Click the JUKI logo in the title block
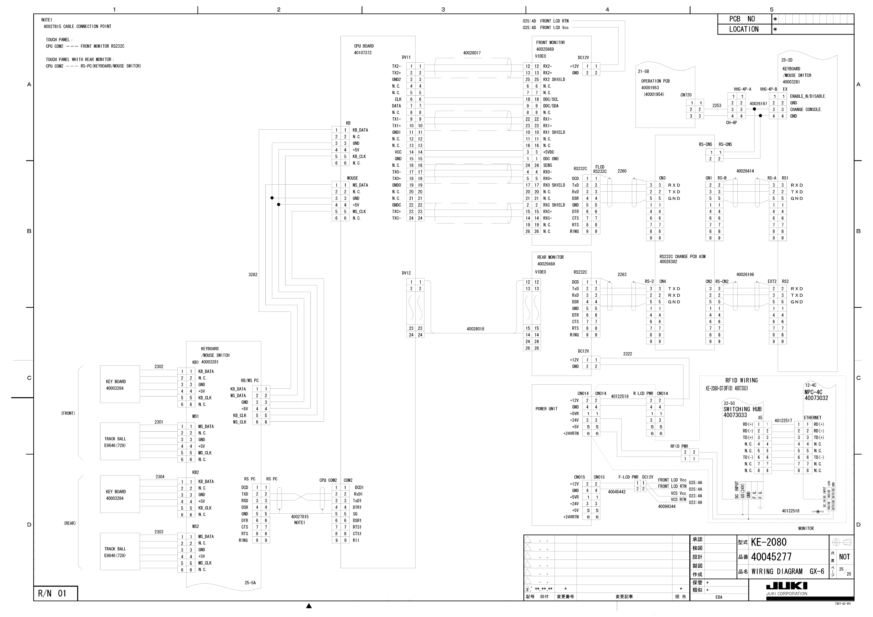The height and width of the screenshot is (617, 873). (x=786, y=585)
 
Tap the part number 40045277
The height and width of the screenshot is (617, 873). (x=771, y=557)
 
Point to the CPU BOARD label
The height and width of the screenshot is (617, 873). (x=364, y=46)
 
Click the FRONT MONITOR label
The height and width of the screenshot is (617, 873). (x=550, y=43)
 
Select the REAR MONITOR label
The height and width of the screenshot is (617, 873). (x=550, y=257)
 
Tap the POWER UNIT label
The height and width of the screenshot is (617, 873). (x=546, y=409)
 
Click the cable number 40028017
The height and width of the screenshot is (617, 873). (x=471, y=53)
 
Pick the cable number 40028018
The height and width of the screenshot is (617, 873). (x=475, y=329)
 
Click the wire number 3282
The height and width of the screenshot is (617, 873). (x=253, y=274)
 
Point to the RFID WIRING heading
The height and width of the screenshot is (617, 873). (x=741, y=381)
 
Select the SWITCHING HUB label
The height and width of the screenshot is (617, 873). (x=742, y=409)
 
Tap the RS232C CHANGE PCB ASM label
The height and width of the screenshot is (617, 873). (x=682, y=256)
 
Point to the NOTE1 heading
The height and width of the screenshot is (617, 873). (x=47, y=20)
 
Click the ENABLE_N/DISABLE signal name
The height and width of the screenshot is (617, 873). (x=807, y=96)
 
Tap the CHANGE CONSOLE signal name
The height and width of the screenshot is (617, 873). (x=805, y=110)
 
